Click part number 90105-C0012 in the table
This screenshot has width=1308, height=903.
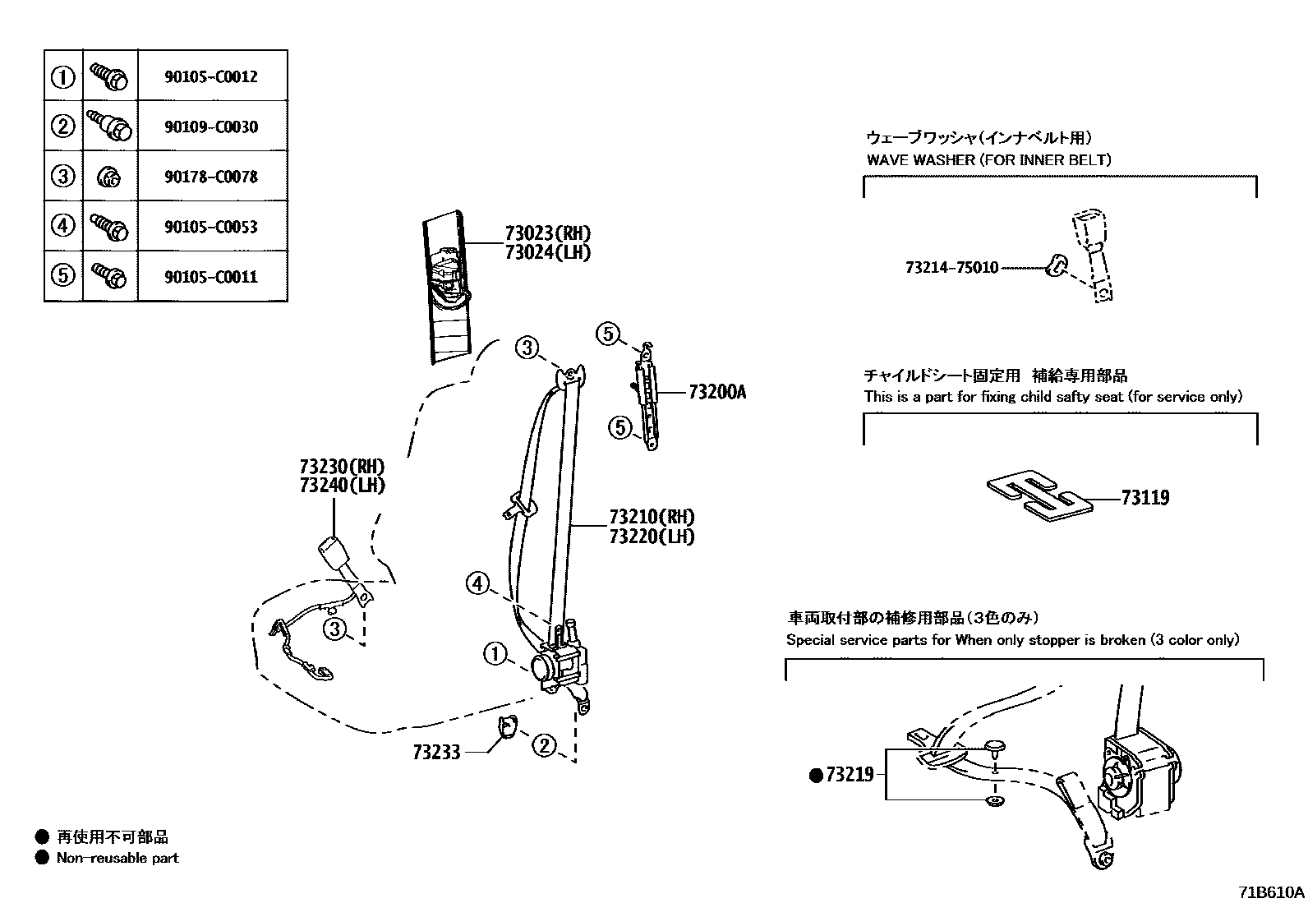coord(211,76)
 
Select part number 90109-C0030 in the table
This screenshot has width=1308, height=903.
coord(211,127)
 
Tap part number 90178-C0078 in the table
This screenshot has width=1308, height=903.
coord(211,177)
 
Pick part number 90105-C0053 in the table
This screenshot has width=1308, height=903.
coord(211,227)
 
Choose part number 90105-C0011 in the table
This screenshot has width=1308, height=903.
coord(211,277)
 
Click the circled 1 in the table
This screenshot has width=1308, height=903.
coord(63,77)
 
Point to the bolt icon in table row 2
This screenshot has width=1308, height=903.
coord(109,126)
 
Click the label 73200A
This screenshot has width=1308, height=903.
coord(716,393)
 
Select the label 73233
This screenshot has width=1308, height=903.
coord(437,752)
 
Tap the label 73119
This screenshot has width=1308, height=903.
coord(1144,497)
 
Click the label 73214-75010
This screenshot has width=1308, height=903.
coord(951,268)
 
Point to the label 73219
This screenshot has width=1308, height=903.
coord(850,775)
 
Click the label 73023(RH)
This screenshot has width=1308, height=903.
coord(547,233)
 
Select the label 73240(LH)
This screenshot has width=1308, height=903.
coord(342,485)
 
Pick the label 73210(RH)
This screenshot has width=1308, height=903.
coord(652,517)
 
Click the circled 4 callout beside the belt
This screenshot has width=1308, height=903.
coord(477,585)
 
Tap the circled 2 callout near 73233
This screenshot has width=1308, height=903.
coord(544,746)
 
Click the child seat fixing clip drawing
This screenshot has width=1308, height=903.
coord(1039,495)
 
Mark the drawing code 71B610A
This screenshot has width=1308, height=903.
coord(1272,891)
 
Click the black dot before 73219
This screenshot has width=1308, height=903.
coord(816,775)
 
